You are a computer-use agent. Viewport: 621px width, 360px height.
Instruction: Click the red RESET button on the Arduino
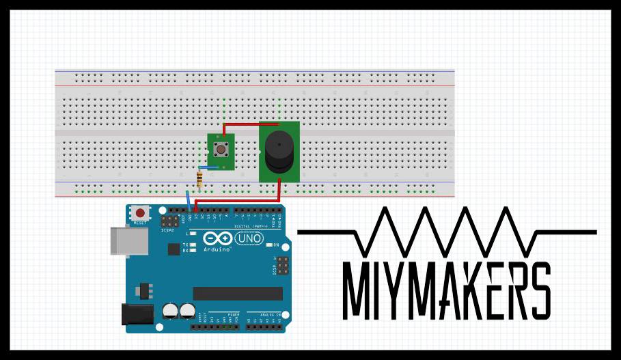click(x=140, y=213)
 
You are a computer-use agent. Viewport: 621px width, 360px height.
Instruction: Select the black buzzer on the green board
click(x=279, y=151)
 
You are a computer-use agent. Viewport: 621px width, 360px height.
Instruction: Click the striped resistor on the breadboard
click(x=199, y=180)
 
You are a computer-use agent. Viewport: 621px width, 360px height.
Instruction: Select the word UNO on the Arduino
click(x=249, y=238)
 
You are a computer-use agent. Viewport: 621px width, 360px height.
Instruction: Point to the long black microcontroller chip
click(x=237, y=293)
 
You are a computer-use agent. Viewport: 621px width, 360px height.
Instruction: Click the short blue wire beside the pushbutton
click(x=208, y=167)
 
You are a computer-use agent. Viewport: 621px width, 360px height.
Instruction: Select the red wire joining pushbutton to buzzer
click(x=249, y=124)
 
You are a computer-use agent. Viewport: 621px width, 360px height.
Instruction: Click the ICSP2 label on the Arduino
click(x=167, y=230)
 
